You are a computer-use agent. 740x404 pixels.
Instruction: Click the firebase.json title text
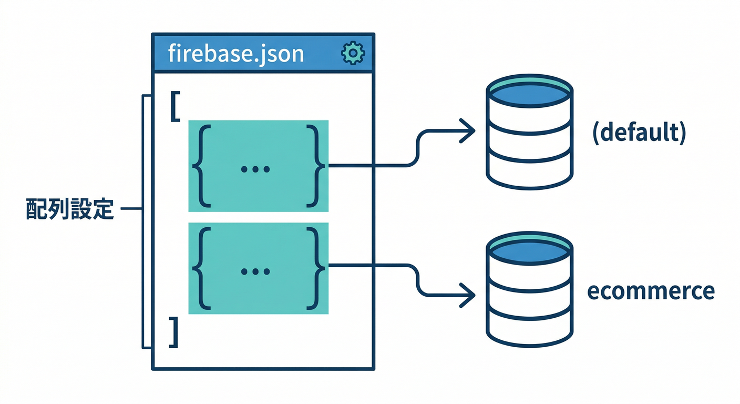(x=236, y=54)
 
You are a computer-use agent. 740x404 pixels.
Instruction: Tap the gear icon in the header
(x=352, y=54)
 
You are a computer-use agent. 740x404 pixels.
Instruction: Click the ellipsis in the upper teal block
(x=255, y=169)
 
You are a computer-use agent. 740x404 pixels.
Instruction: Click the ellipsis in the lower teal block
(x=255, y=271)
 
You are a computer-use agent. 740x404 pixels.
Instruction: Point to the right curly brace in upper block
(x=315, y=166)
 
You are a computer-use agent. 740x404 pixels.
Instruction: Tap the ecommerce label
(x=651, y=291)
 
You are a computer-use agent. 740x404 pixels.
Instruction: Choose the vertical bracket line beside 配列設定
(x=143, y=221)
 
